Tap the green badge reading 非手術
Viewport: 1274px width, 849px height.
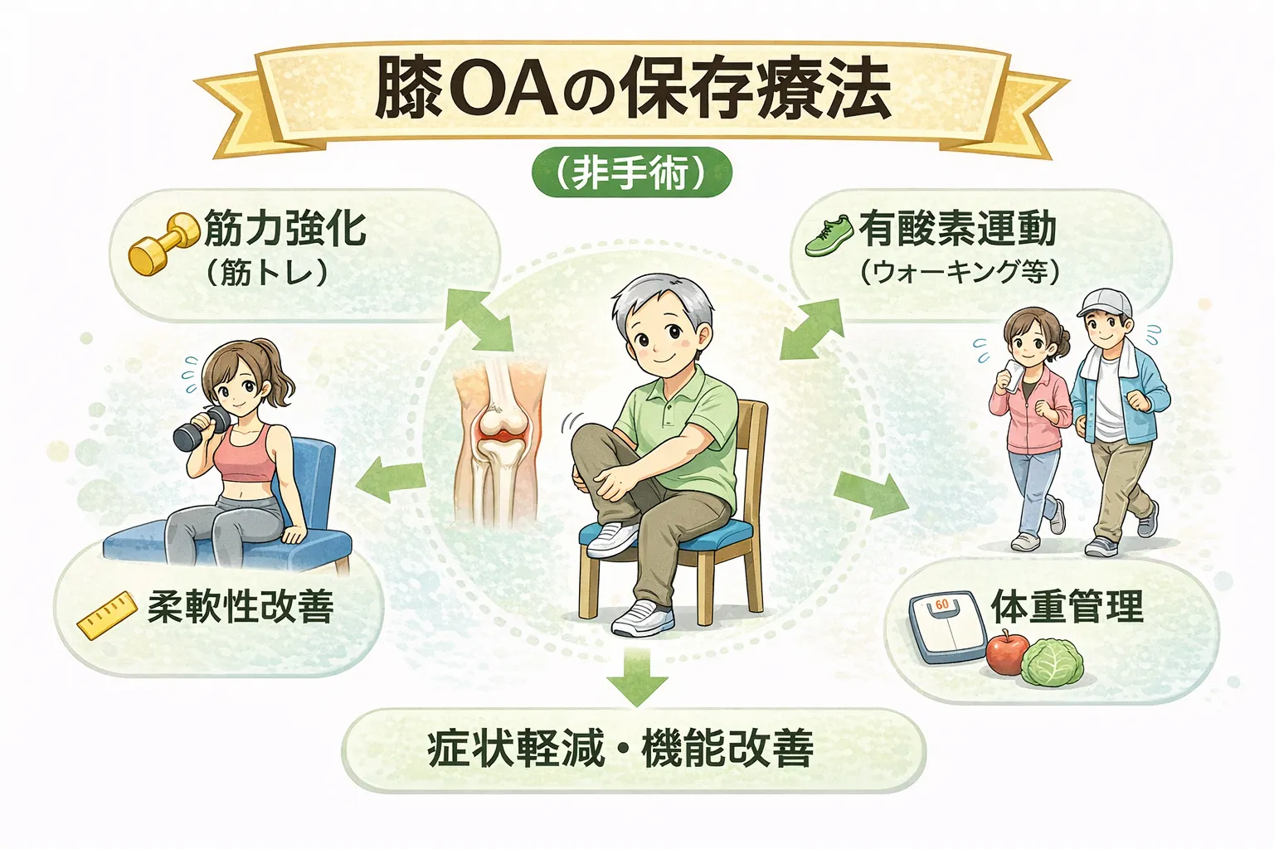coord(631,174)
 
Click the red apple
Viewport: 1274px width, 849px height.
coord(1007,653)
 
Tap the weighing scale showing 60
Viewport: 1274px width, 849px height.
coord(946,625)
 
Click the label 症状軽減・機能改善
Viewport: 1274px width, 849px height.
coord(620,748)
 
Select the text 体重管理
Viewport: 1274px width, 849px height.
coord(1067,607)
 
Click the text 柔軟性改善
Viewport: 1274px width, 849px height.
coord(241,607)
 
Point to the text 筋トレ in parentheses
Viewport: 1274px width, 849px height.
coord(267,272)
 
